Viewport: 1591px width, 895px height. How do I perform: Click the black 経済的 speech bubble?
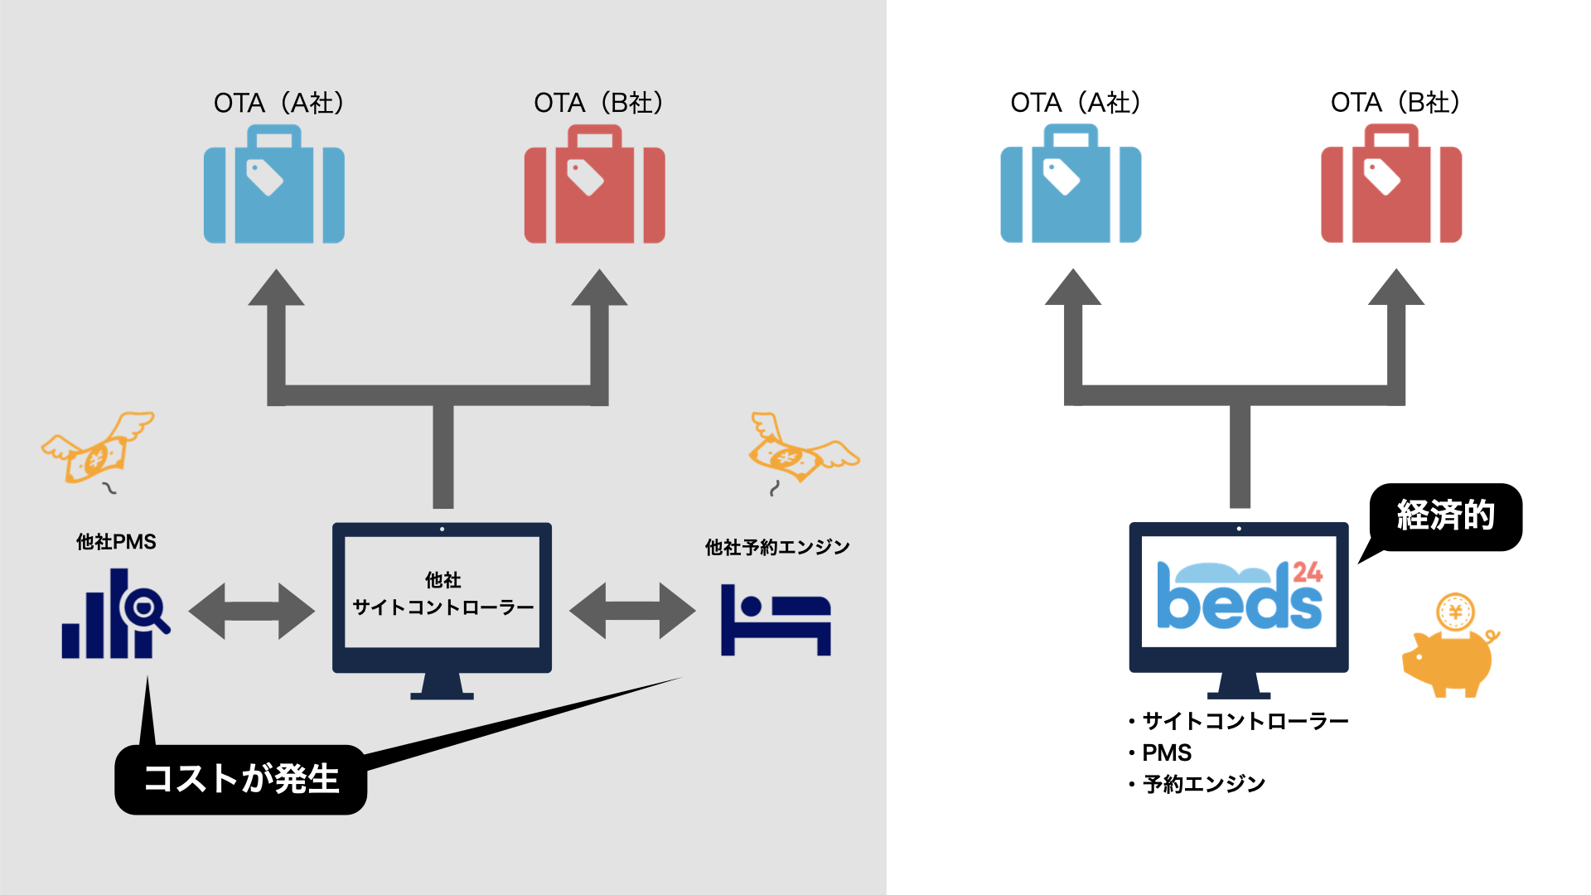coord(1446,516)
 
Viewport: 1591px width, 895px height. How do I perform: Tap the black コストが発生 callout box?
coord(241,780)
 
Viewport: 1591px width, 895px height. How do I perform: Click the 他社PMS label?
coord(116,542)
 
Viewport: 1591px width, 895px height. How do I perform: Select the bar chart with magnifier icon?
coord(114,615)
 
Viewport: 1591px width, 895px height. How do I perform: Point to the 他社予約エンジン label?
coord(777,547)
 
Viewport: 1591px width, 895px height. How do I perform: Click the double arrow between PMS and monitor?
coord(252,612)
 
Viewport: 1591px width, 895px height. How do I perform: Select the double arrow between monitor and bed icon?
coord(632,611)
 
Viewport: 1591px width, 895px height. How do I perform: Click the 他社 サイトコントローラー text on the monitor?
coord(443,594)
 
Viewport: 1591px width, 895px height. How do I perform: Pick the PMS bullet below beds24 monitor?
coord(1166,752)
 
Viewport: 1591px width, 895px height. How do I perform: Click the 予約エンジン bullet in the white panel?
coord(1203,784)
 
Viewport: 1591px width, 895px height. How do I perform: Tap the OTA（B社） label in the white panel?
coord(1395,103)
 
